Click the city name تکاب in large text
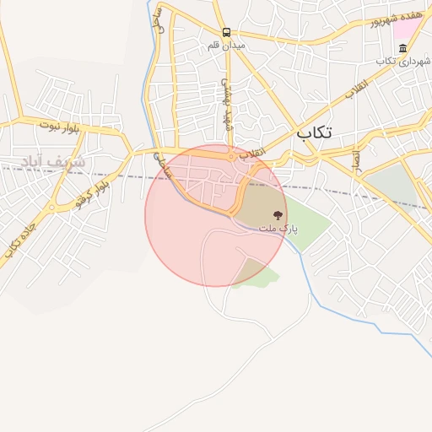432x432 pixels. click(314, 132)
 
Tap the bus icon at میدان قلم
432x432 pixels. click(226, 33)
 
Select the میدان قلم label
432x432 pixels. click(226, 45)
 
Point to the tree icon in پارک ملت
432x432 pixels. click(278, 216)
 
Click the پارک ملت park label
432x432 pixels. click(278, 229)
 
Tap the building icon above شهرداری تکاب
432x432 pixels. click(402, 48)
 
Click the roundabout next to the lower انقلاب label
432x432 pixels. click(230, 157)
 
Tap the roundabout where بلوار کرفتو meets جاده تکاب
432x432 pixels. click(52, 207)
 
